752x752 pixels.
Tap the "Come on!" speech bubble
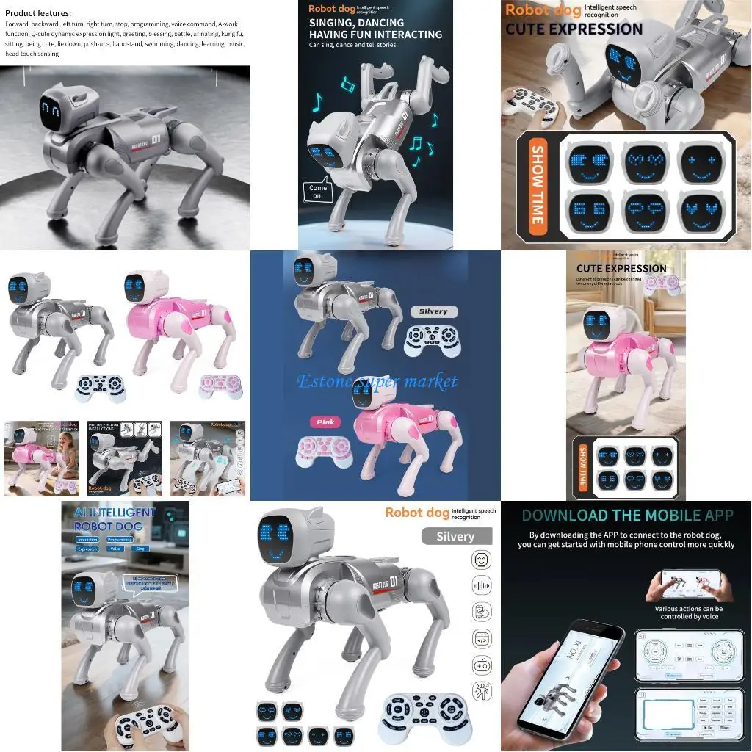pyautogui.click(x=318, y=192)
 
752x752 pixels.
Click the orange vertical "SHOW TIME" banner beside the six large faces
pyautogui.click(x=537, y=185)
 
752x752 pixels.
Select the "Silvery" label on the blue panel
pyautogui.click(x=433, y=311)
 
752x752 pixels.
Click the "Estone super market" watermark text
pyautogui.click(x=377, y=381)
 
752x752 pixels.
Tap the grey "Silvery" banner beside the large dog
pyautogui.click(x=456, y=536)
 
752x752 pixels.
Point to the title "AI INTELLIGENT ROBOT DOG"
pyautogui.click(x=115, y=518)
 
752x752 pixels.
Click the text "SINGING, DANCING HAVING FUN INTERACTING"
pyautogui.click(x=375, y=29)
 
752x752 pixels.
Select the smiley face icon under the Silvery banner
pyautogui.click(x=482, y=562)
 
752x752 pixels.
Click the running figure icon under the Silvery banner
pyautogui.click(x=482, y=691)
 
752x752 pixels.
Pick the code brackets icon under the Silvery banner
pyautogui.click(x=482, y=639)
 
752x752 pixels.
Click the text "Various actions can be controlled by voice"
pyautogui.click(x=688, y=612)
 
